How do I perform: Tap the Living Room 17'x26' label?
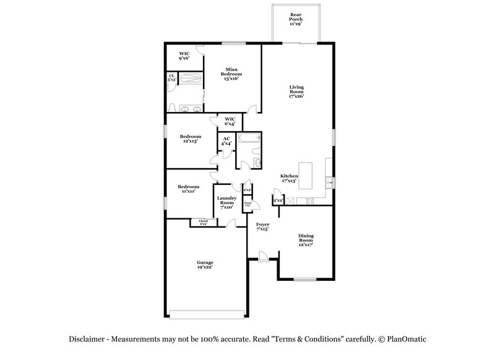click(297, 92)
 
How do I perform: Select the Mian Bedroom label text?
click(232, 74)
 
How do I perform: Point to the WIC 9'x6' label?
click(184, 56)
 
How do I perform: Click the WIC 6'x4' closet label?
click(230, 121)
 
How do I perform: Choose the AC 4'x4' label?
click(226, 141)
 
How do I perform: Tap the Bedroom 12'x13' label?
click(189, 139)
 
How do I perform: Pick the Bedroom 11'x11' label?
click(188, 189)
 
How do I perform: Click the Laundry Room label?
click(226, 202)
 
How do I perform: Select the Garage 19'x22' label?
click(205, 264)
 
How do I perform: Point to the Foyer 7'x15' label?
click(262, 227)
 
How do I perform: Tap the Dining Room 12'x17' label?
click(306, 240)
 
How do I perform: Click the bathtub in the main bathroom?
click(192, 79)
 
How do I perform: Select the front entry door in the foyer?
click(262, 255)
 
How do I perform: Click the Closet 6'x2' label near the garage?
click(203, 221)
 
